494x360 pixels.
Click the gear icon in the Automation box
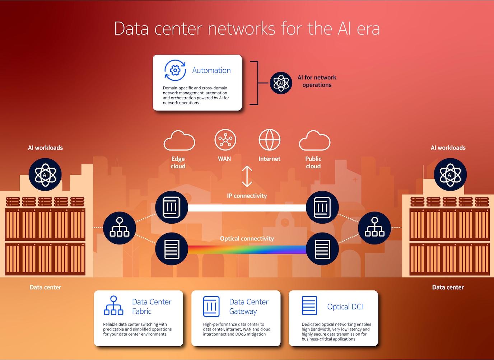[x=175, y=70]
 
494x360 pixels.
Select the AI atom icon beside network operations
[x=281, y=83]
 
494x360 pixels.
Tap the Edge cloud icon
[x=179, y=141]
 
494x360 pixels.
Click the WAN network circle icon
[x=225, y=140]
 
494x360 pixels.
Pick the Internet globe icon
[x=269, y=140]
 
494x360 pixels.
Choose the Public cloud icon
[x=314, y=141]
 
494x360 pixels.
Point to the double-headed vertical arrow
[x=247, y=176]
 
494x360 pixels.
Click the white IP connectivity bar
[x=247, y=208]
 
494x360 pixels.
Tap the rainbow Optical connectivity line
[x=247, y=249]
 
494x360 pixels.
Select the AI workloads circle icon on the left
[x=45, y=175]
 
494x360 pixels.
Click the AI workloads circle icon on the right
[x=450, y=175]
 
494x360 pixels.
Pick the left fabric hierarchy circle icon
[x=120, y=228]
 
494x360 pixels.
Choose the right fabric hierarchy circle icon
[x=374, y=228]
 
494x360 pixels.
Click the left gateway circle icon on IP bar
[x=172, y=207]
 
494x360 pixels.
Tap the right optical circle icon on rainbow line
[x=322, y=249]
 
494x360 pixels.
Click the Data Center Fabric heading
[x=152, y=307]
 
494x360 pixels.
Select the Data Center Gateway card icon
[x=211, y=307]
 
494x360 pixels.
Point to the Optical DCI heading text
[x=345, y=307]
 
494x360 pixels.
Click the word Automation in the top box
[x=211, y=70]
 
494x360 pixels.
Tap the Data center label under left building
[x=45, y=287]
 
